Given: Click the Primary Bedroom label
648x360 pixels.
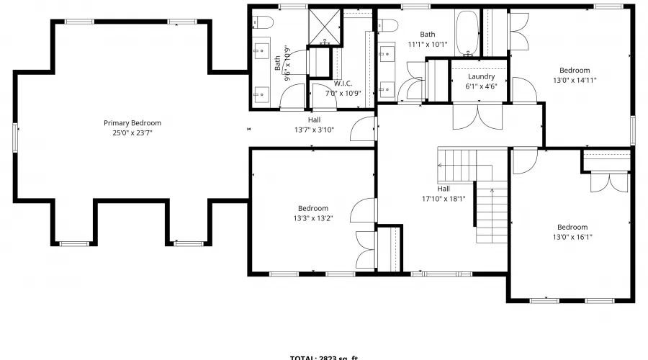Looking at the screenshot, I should point(132,123).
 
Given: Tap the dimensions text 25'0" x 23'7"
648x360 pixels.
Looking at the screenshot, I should point(132,132).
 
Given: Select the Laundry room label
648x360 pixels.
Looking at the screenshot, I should point(480,76).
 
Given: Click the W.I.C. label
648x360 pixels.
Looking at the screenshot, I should point(342,83).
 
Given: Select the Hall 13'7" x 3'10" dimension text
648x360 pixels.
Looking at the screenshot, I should point(313,130).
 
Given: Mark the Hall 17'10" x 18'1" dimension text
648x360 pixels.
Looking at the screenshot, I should point(444,199).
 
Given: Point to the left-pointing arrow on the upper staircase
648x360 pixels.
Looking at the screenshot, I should point(448,166).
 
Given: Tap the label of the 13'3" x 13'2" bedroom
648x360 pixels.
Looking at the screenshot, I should point(313,209).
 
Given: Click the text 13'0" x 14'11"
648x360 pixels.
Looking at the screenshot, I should point(575,80).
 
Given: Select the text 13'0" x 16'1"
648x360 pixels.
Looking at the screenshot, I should point(572,237).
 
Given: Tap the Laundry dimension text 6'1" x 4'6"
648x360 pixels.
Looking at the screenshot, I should point(480,86).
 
